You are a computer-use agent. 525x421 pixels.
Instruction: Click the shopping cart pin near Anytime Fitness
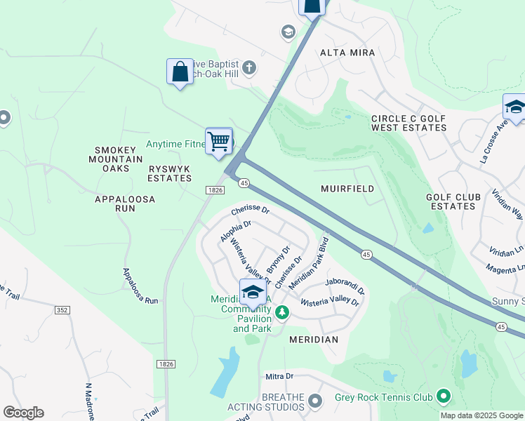[x=219, y=141]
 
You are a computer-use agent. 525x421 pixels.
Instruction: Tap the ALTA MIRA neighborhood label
[x=347, y=53]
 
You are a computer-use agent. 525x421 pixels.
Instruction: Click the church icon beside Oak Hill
[x=248, y=67]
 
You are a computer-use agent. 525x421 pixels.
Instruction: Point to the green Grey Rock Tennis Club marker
[x=443, y=397]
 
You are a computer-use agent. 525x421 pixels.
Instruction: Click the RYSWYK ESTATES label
[x=170, y=174]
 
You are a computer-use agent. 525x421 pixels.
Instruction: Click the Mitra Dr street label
[x=279, y=377]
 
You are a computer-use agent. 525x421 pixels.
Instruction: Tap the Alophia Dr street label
[x=235, y=232]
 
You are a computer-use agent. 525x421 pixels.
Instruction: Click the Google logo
[x=23, y=413]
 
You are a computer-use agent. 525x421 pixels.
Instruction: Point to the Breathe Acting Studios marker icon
[x=314, y=402]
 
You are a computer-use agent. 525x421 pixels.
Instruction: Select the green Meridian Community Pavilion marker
[x=281, y=312]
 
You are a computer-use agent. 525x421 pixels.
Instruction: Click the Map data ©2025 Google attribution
[x=481, y=415]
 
